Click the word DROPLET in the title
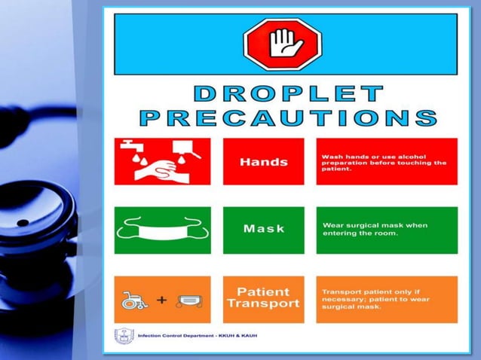[x=288, y=95]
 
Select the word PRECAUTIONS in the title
[x=288, y=117]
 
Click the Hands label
[x=263, y=162]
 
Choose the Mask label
[x=263, y=229]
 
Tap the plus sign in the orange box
[x=161, y=300]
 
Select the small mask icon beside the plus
[x=189, y=301]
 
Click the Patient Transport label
[x=263, y=298]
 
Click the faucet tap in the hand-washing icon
[x=127, y=145]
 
